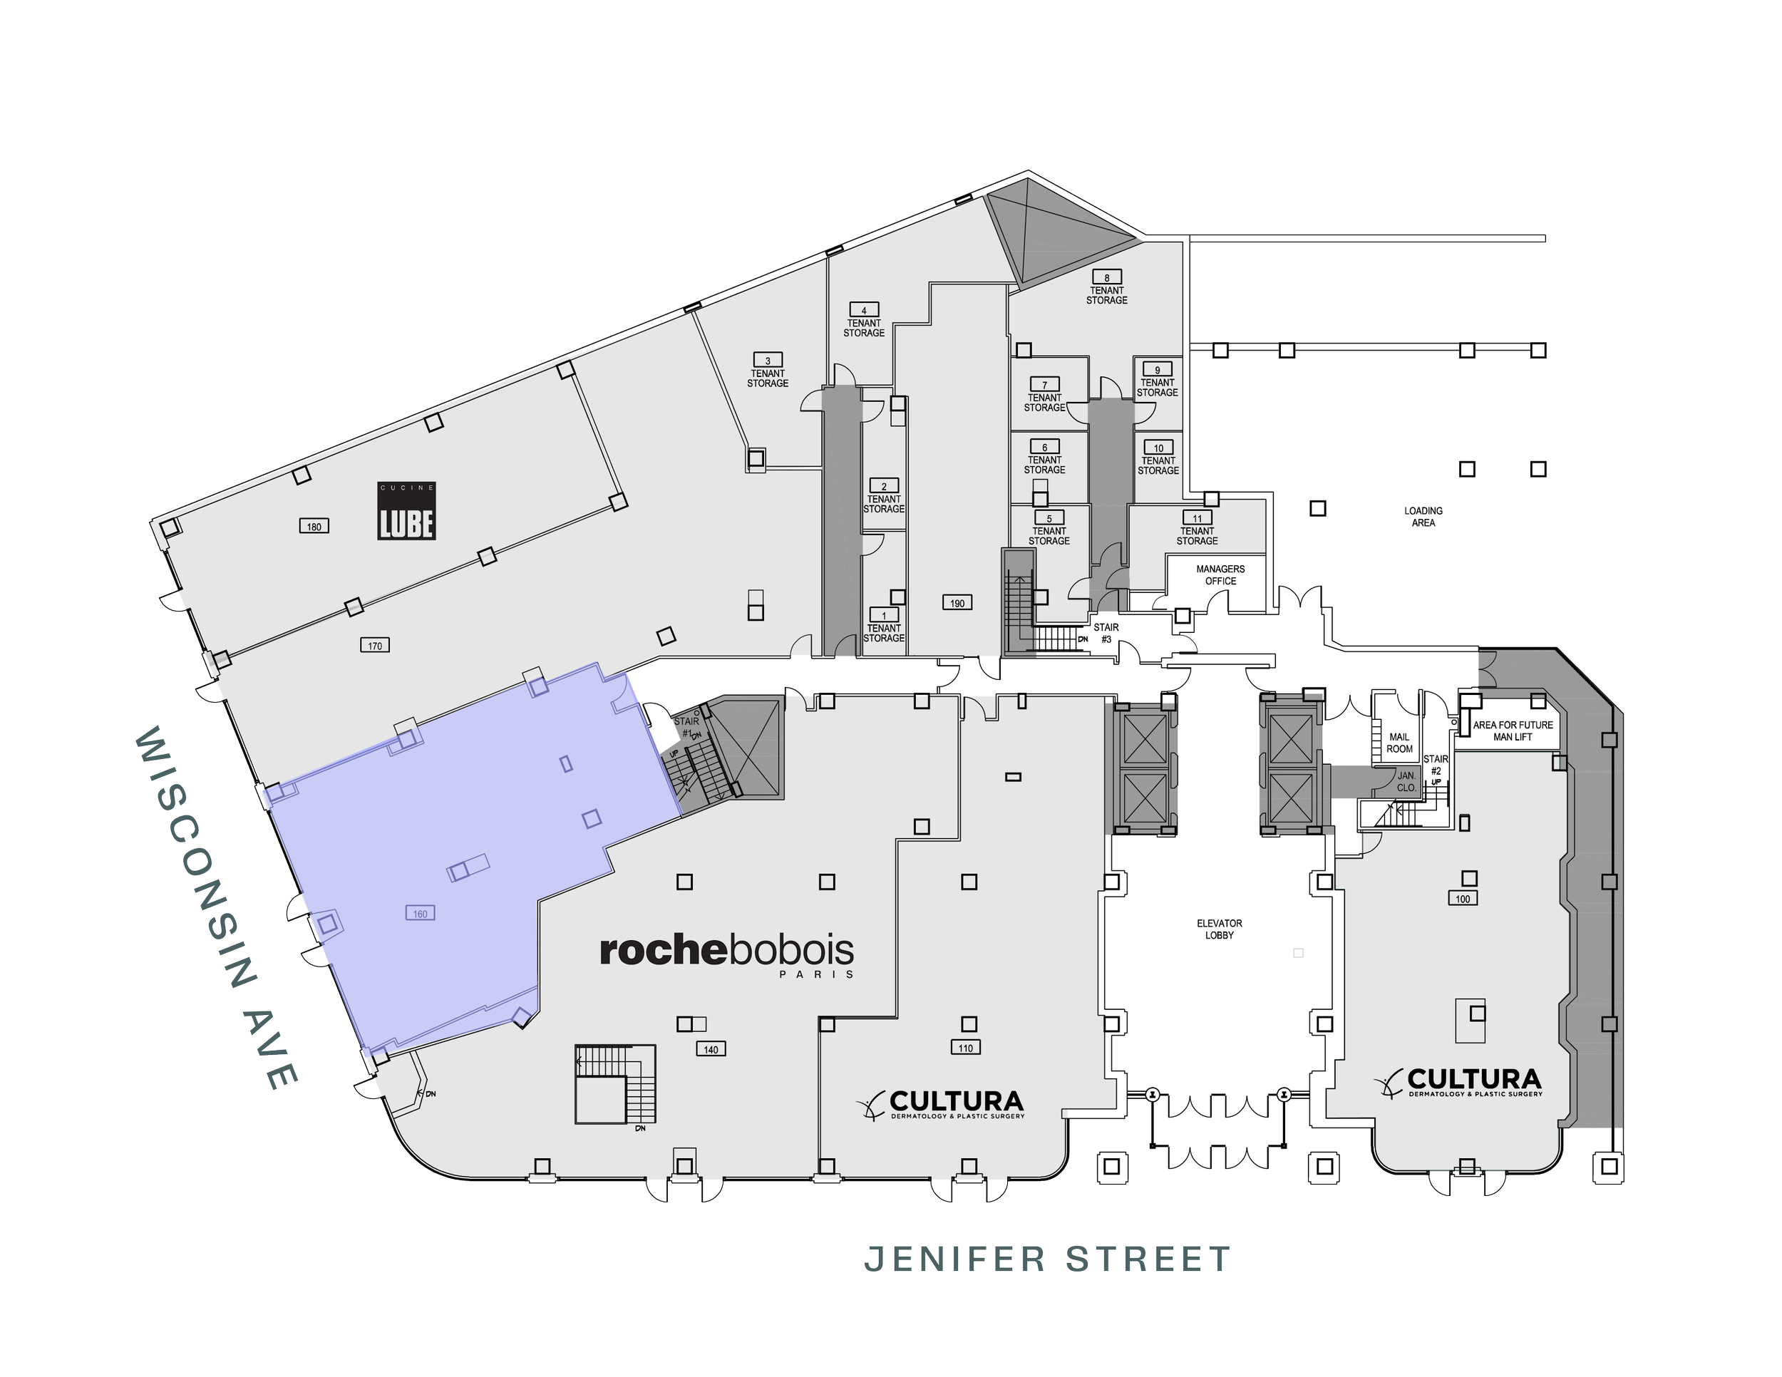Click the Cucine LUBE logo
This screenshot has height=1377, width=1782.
406,510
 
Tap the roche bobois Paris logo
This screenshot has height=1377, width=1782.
727,955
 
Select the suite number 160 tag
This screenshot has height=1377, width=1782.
421,914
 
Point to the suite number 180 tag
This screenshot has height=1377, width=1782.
314,526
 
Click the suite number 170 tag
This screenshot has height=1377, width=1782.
374,645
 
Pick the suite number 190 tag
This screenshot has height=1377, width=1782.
957,603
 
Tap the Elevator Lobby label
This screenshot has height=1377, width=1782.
1219,929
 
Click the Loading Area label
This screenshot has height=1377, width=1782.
1423,516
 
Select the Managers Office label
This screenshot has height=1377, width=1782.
1220,575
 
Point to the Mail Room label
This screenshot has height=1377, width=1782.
1399,743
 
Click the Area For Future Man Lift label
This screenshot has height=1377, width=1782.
1513,731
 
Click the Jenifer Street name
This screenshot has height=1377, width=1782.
1047,1259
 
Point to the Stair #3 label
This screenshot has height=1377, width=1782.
1106,633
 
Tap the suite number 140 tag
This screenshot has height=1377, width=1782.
711,1049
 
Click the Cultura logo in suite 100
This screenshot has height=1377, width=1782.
1461,1083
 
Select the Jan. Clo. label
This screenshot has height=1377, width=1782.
1406,781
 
